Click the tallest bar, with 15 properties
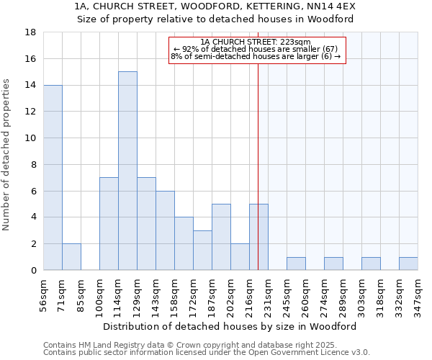pyautogui.click(x=127, y=171)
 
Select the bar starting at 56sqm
pyautogui.click(x=53, y=177)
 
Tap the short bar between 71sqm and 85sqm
pyautogui.click(x=71, y=256)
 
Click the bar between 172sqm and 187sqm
pyautogui.click(x=202, y=250)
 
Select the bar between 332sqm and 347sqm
pyautogui.click(x=408, y=264)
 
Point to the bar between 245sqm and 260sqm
pyautogui.click(x=296, y=264)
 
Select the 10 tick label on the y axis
pyautogui.click(x=31, y=138)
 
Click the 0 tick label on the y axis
pyautogui.click(x=33, y=270)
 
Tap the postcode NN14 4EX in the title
pyautogui.click(x=334, y=6)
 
